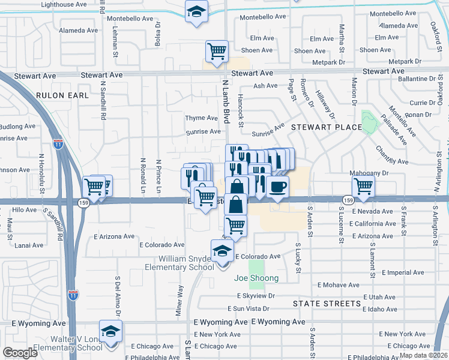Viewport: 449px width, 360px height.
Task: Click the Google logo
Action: tap(20, 353)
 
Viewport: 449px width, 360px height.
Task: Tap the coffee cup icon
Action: tap(277, 187)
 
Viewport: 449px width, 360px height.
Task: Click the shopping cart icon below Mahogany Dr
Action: tap(363, 187)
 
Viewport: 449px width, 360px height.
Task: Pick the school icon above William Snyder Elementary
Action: tap(222, 250)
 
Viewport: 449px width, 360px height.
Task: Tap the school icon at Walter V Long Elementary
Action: tap(110, 331)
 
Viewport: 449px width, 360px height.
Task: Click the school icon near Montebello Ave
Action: tap(196, 11)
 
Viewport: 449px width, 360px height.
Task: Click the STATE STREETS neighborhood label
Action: tap(327, 304)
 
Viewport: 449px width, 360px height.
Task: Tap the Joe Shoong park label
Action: tap(256, 278)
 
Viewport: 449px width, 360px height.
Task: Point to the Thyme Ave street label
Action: tap(201, 118)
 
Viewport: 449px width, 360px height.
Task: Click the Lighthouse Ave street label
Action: tap(64, 4)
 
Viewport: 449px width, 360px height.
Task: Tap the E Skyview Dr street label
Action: tap(256, 296)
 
